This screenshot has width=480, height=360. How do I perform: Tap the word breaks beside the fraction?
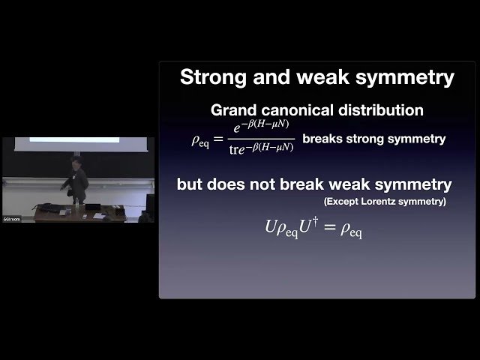tap(321, 139)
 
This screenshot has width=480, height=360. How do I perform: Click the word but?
tap(192, 184)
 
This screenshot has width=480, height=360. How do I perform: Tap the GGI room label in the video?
tap(11, 218)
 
